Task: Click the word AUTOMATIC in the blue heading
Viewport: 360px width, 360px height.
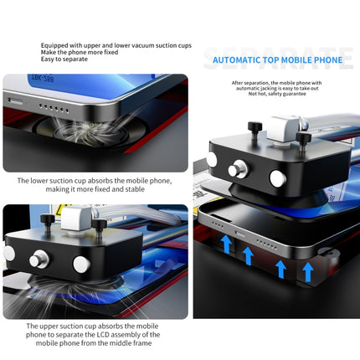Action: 238,60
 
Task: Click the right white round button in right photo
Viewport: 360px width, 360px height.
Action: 276,177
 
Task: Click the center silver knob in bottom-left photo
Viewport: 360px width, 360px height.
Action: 36,261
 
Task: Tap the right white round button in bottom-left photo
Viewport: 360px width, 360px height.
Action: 81,265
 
